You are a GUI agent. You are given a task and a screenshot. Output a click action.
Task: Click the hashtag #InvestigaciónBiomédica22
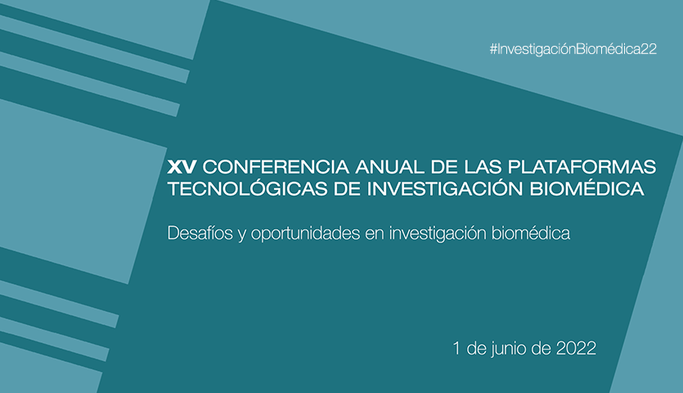(573, 49)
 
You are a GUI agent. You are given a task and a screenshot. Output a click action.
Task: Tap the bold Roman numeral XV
(182, 167)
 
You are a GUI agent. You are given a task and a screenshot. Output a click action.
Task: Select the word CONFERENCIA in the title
(276, 167)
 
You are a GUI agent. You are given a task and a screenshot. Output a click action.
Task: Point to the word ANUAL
(389, 167)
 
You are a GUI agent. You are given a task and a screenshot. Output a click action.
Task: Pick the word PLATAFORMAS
(582, 167)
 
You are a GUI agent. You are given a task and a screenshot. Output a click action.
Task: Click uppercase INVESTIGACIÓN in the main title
(445, 188)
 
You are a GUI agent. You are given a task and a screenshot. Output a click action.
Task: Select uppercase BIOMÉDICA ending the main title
(586, 188)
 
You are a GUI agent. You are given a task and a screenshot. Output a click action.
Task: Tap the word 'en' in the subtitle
(375, 235)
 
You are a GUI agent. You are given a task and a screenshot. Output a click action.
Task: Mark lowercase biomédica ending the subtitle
(531, 233)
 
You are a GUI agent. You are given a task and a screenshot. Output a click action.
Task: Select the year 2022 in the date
(577, 348)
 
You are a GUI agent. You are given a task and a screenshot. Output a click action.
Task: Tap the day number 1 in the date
(456, 348)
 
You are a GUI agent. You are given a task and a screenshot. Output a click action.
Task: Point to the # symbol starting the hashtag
(493, 49)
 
